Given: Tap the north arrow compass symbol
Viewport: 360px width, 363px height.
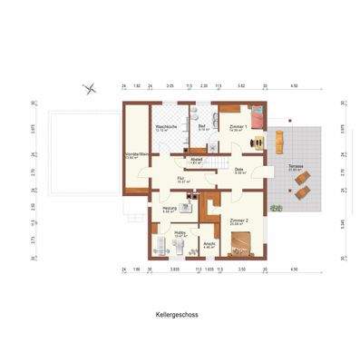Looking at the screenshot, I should point(88,87).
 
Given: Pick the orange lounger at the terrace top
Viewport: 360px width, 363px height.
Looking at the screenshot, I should point(279,138).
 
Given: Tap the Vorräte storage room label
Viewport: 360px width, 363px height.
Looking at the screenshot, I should point(137,155).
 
